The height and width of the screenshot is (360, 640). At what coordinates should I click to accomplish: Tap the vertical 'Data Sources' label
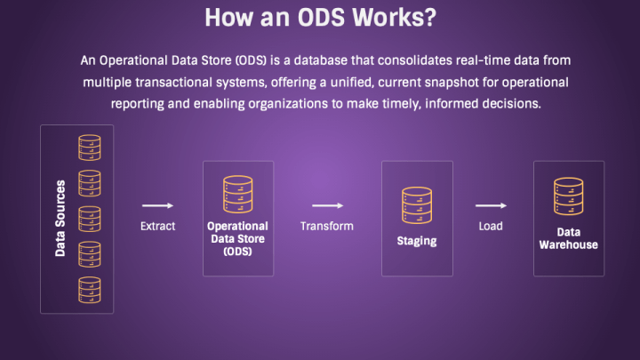(60, 219)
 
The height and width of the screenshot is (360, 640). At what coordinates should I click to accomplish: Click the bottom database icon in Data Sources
(90, 289)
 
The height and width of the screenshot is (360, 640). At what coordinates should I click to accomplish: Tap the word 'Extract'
(157, 226)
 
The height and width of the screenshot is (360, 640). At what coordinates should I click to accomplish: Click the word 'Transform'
(326, 226)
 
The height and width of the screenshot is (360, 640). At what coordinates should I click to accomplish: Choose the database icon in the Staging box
(416, 204)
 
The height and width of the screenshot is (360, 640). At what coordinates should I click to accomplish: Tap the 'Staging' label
(416, 242)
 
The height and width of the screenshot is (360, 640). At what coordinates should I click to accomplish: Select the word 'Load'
(491, 226)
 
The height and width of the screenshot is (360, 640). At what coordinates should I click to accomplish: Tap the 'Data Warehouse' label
(568, 238)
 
